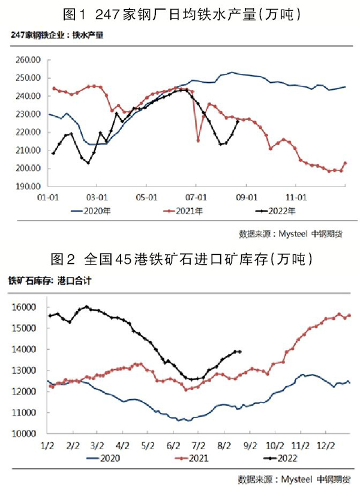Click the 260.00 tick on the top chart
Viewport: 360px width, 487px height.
pyautogui.click(x=28, y=60)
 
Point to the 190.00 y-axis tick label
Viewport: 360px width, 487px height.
pyautogui.click(x=28, y=187)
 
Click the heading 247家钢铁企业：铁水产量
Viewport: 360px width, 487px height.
pyautogui.click(x=58, y=35)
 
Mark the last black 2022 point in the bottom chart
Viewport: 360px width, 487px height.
pyautogui.click(x=240, y=351)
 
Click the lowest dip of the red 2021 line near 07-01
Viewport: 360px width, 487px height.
pyautogui.click(x=198, y=140)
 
